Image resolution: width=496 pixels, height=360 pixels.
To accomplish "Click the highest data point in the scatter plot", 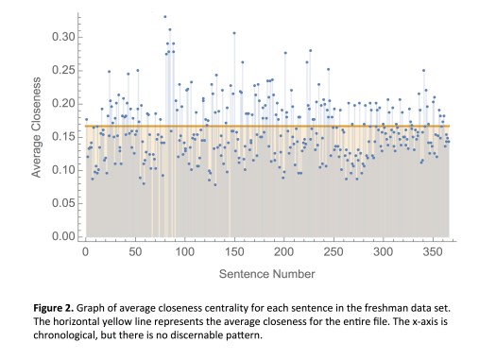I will click(x=164, y=17).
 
